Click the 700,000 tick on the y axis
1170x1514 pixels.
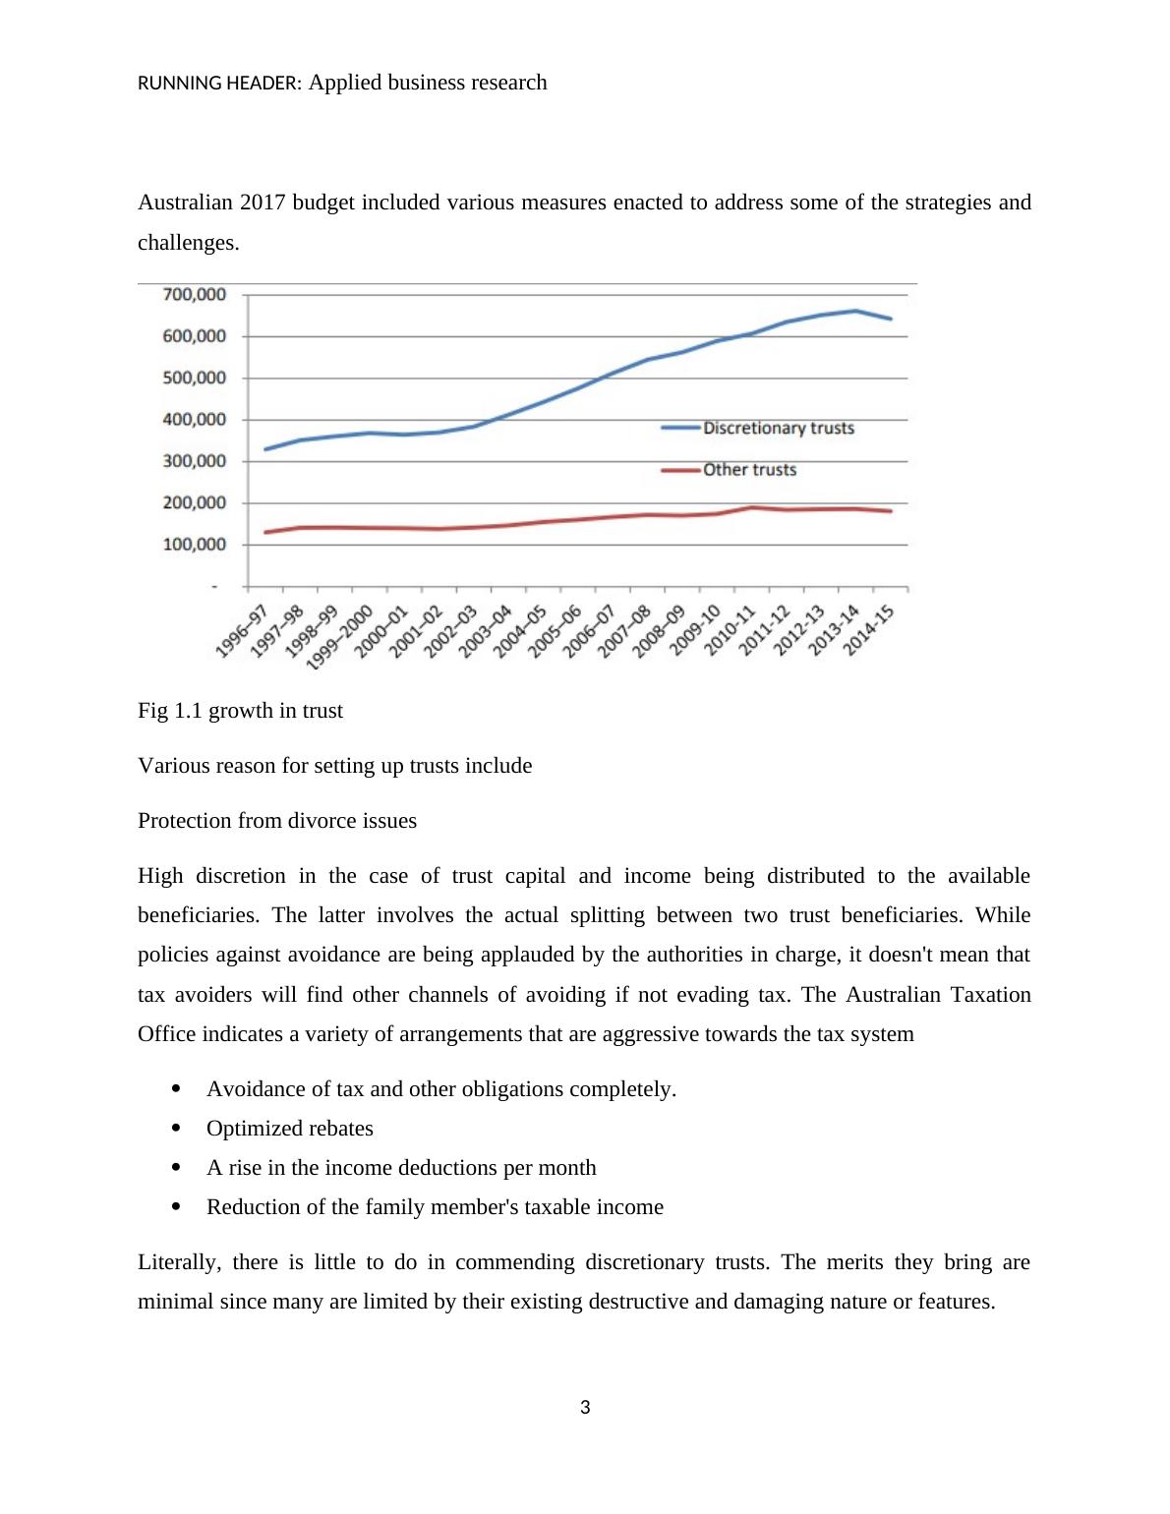pos(194,294)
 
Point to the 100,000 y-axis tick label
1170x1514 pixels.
pos(194,544)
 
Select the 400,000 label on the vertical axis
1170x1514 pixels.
pos(194,419)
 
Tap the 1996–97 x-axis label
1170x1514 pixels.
pos(242,631)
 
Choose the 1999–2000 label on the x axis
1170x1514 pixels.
pos(340,637)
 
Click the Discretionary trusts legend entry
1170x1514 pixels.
pos(778,428)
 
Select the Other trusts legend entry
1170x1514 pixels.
pos(749,470)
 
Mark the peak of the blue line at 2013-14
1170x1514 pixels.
pos(855,311)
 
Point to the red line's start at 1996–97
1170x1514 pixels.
pos(266,532)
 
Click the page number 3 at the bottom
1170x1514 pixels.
pos(585,1408)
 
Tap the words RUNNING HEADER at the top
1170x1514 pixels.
pos(219,84)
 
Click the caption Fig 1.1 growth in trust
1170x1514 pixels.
pos(240,711)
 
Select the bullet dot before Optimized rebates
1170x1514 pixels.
pos(177,1128)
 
